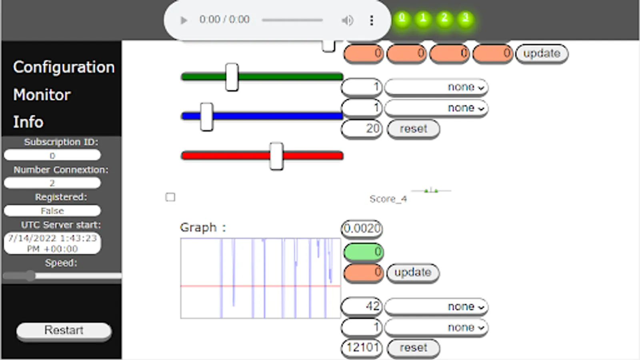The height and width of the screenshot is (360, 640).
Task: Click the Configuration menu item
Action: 64,67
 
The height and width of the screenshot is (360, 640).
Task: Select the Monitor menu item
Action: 42,95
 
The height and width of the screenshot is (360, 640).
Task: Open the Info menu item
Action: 28,122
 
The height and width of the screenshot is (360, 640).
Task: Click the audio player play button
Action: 184,20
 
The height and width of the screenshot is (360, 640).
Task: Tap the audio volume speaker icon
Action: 347,20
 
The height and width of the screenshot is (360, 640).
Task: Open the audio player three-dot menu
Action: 372,20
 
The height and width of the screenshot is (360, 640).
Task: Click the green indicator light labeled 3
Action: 465,18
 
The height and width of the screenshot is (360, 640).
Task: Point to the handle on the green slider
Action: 232,77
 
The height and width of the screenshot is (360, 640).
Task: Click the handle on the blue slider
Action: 206,116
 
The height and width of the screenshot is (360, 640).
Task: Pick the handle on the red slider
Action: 276,156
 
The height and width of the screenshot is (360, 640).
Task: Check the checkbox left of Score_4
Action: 170,197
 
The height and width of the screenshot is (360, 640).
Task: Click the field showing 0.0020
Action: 362,228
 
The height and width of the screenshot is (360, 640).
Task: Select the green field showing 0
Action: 363,252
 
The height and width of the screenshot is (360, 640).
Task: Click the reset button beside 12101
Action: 413,348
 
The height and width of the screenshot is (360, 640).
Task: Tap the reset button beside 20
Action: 413,129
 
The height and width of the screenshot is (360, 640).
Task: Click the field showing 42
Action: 362,306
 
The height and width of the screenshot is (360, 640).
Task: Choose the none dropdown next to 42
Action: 436,306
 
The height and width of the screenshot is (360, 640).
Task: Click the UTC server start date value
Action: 52,243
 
